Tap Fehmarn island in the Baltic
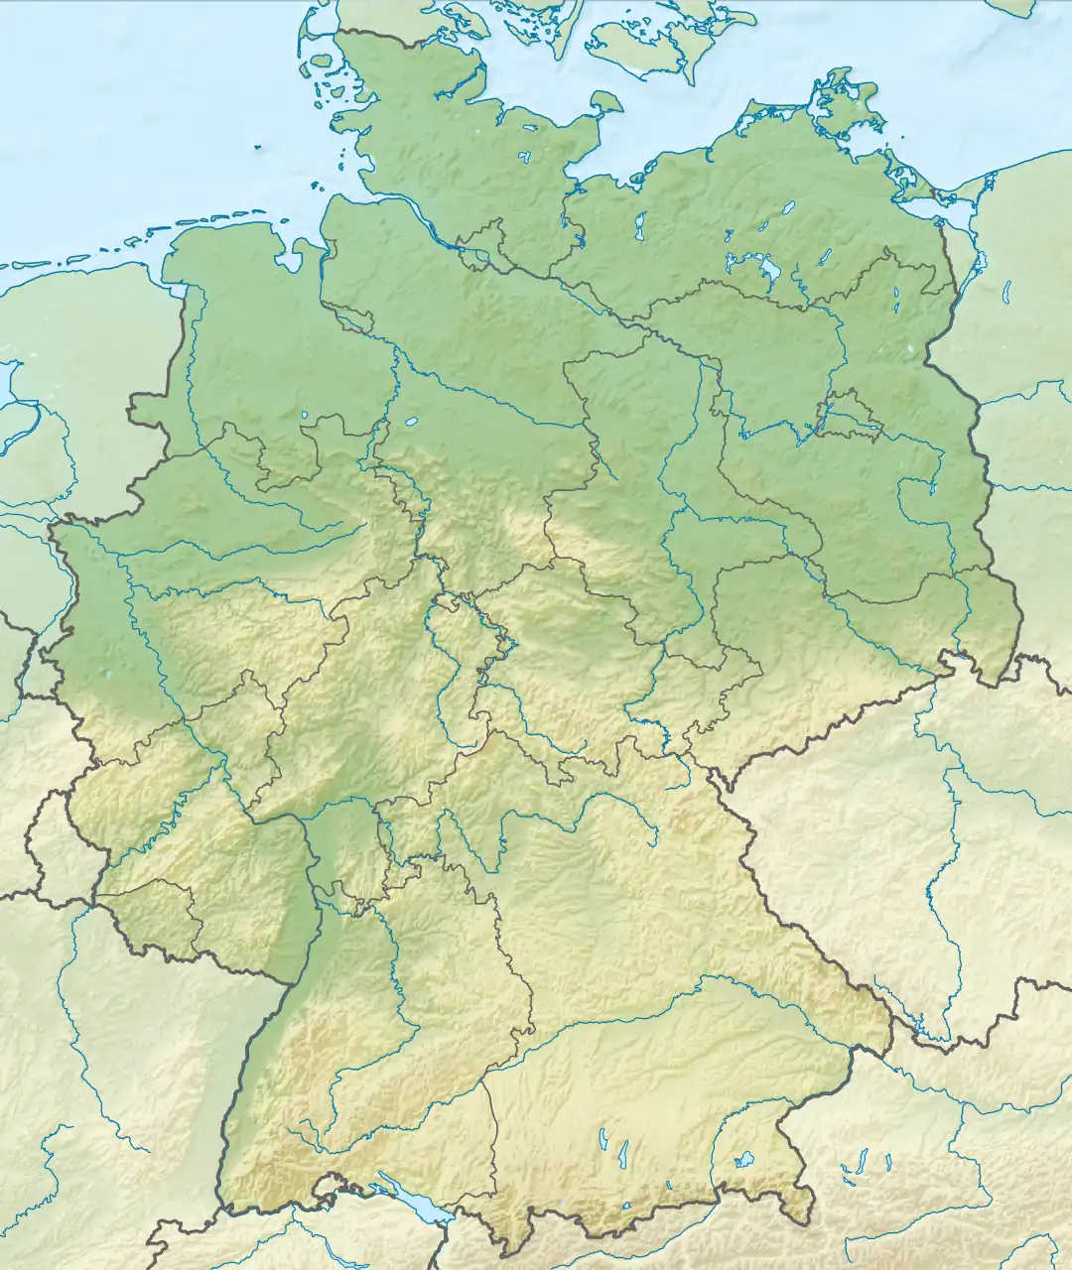tap(604, 102)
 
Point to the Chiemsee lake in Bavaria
tap(742, 1158)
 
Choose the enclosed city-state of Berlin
tap(850, 417)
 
